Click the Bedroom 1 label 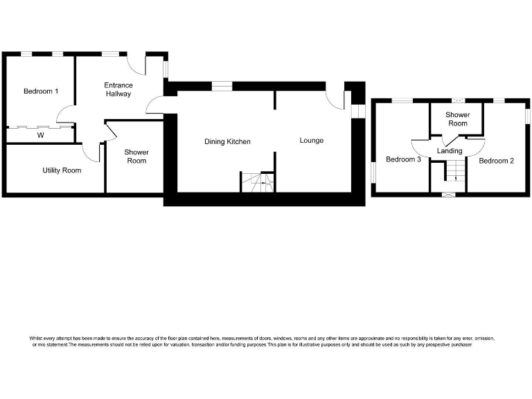[x=41, y=91]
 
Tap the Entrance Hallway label [x=118, y=89]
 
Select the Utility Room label [x=62, y=170]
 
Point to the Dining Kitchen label [x=227, y=141]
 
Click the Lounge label [x=311, y=141]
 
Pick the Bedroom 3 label [x=403, y=160]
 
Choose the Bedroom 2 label [x=496, y=161]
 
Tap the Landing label [x=449, y=150]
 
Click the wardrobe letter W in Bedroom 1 [x=41, y=135]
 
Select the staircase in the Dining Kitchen [x=257, y=181]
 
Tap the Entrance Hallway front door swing [x=137, y=65]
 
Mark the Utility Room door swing [x=90, y=152]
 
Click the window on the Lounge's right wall [x=357, y=112]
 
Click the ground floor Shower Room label [x=136, y=157]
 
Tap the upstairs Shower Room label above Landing [x=456, y=119]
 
